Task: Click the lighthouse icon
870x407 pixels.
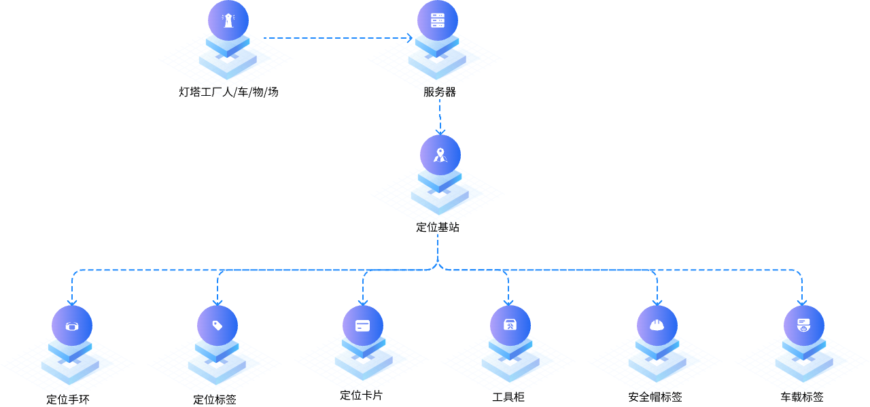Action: pos(228,20)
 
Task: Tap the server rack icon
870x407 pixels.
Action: pos(438,20)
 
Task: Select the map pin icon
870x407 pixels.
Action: pos(440,155)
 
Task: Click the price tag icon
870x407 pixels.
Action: pos(217,325)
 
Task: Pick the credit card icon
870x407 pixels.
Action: pos(363,325)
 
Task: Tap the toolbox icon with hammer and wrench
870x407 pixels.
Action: pos(510,325)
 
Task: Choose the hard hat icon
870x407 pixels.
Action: pos(657,325)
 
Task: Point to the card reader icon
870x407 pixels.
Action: pos(804,325)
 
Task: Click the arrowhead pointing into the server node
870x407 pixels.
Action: pos(410,38)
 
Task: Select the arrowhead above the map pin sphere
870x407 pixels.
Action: pos(440,131)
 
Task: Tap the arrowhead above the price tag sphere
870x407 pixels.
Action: pos(217,302)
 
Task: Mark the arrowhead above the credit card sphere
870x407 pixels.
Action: pos(363,302)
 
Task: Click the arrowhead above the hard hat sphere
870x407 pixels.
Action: pos(657,302)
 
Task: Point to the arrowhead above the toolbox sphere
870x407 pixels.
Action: pos(508,302)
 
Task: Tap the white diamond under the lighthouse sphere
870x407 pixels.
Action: pos(227,60)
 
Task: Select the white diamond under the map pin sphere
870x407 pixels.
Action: pos(440,195)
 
